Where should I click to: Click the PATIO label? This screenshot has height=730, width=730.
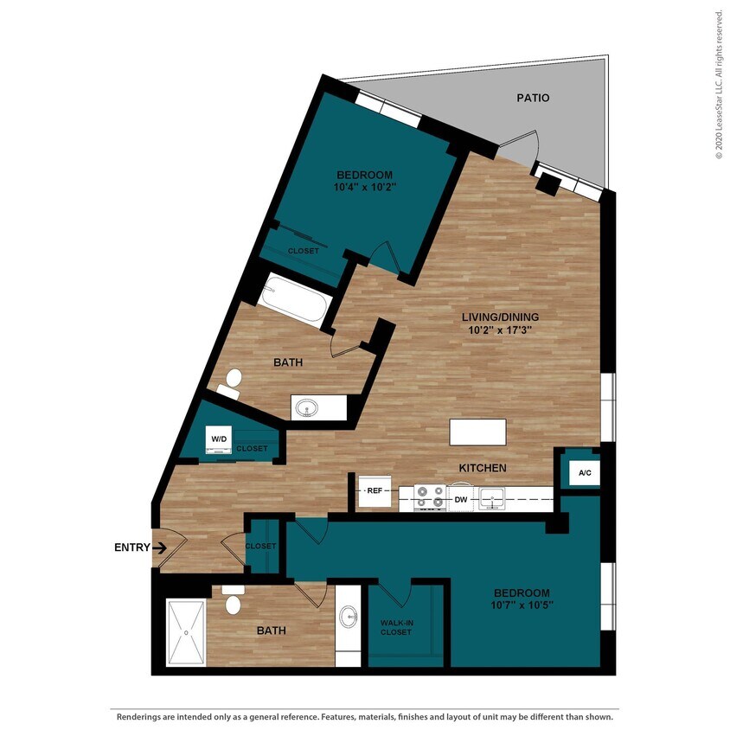534,99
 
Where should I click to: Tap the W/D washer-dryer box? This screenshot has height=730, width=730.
217,439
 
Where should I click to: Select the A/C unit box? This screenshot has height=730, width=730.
585,473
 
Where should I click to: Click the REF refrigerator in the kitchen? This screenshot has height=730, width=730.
375,490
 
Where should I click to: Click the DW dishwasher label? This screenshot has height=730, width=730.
461,499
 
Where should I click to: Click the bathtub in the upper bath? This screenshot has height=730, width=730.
294,300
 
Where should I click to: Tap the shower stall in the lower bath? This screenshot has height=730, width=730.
187,633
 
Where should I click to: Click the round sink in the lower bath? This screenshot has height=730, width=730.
349,618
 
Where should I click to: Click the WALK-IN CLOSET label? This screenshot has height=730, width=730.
396,627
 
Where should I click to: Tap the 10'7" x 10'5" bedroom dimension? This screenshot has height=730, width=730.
523,605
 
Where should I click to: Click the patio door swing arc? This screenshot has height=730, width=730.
525,142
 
